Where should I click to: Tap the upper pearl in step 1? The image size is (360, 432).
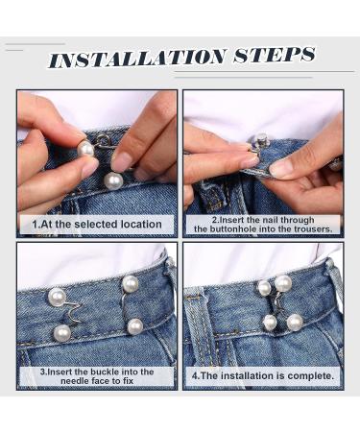[85, 149]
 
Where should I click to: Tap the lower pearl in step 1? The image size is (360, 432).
[113, 180]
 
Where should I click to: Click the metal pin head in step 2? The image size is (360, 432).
[258, 141]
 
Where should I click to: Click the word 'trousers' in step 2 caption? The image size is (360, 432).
[310, 229]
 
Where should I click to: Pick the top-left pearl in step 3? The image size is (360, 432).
[57, 296]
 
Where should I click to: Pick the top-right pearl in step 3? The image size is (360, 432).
[130, 283]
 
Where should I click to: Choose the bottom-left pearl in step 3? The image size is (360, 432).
[62, 332]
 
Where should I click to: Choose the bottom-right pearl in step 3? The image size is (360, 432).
[135, 325]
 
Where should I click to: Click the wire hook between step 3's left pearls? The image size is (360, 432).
[65, 313]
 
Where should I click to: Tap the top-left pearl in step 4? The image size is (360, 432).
[264, 288]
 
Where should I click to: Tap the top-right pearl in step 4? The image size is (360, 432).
[283, 282]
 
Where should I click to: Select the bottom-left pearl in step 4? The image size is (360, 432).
[270, 323]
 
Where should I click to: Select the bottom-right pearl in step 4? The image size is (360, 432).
[294, 322]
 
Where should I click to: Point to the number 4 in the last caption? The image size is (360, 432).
[194, 374]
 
